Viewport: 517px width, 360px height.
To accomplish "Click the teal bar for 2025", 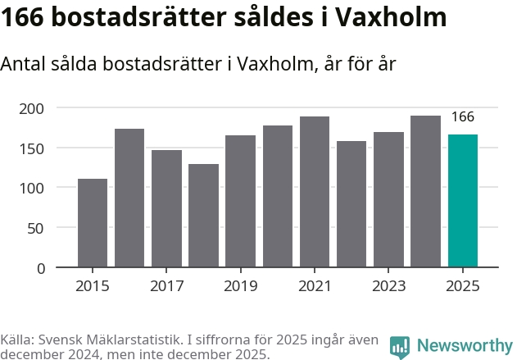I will (x=463, y=201).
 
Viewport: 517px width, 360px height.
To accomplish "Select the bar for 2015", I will (x=93, y=223).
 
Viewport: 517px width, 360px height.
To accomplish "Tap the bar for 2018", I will (x=203, y=216).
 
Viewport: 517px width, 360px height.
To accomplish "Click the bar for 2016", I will (x=129, y=198).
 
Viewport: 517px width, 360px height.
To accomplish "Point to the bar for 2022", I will (x=351, y=204).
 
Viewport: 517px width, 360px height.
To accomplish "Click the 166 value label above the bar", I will (x=463, y=117).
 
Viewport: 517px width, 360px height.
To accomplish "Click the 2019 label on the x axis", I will (x=240, y=286).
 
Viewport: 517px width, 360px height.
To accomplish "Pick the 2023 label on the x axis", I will (x=388, y=286).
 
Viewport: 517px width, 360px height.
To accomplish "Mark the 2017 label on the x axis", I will (x=166, y=286).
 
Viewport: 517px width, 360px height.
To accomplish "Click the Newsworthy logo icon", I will (x=400, y=346).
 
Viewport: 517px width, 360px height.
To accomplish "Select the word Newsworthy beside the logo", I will (x=464, y=346).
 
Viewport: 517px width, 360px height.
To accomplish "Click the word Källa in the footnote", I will (x=17, y=340).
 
